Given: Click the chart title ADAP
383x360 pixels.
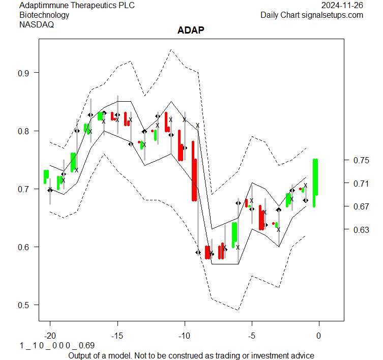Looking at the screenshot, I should click(191, 31).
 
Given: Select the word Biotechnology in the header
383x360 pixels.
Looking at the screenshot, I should click(44, 15).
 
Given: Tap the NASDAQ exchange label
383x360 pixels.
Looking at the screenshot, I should click(37, 24).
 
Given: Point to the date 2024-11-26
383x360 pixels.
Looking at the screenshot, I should click(342, 6).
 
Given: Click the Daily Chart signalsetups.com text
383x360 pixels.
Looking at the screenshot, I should click(312, 15).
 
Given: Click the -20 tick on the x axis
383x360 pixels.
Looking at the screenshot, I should click(50, 336).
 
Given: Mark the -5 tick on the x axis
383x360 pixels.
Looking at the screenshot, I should click(252, 336).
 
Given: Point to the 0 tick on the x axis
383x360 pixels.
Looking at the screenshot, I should click(319, 336).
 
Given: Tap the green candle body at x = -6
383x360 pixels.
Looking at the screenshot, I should click(234, 235).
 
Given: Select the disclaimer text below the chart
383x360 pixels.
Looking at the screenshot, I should click(191, 355).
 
